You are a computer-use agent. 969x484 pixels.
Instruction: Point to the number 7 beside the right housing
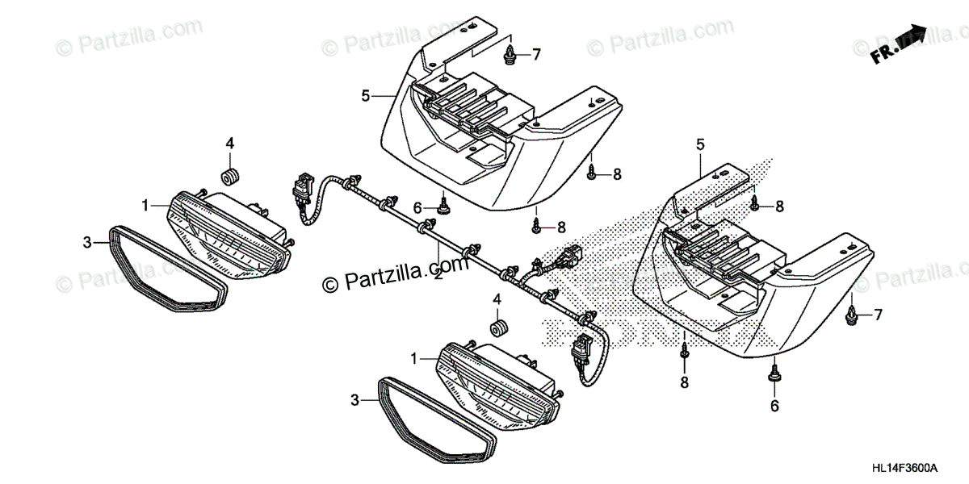tap(879, 315)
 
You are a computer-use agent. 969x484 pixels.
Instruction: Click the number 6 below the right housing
tap(774, 407)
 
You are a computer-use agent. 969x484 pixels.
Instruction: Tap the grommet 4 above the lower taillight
tap(497, 329)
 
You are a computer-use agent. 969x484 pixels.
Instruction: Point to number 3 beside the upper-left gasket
tap(88, 241)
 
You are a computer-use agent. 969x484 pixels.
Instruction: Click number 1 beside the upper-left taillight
tap(145, 206)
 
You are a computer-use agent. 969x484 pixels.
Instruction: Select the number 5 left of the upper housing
tap(366, 96)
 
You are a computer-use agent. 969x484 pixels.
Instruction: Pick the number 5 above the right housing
tap(701, 145)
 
